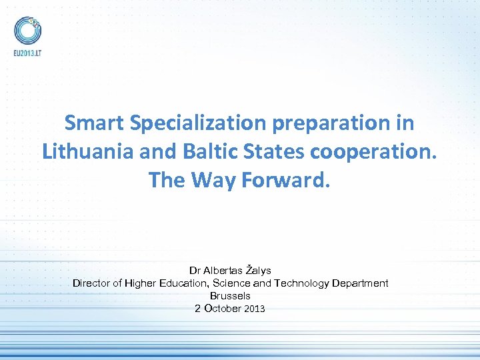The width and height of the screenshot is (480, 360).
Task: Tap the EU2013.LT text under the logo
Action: coord(27,53)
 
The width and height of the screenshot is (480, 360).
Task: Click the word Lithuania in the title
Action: coord(87,151)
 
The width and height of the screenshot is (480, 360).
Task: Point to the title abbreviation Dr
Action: coord(195,271)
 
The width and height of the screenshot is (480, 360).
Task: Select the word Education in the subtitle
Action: coord(180,283)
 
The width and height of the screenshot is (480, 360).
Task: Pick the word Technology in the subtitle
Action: coord(303,283)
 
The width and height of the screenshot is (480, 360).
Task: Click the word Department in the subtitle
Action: coord(361,283)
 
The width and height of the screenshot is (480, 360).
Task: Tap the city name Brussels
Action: coord(230,296)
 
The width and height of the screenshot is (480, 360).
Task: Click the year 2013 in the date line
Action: coord(255,309)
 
